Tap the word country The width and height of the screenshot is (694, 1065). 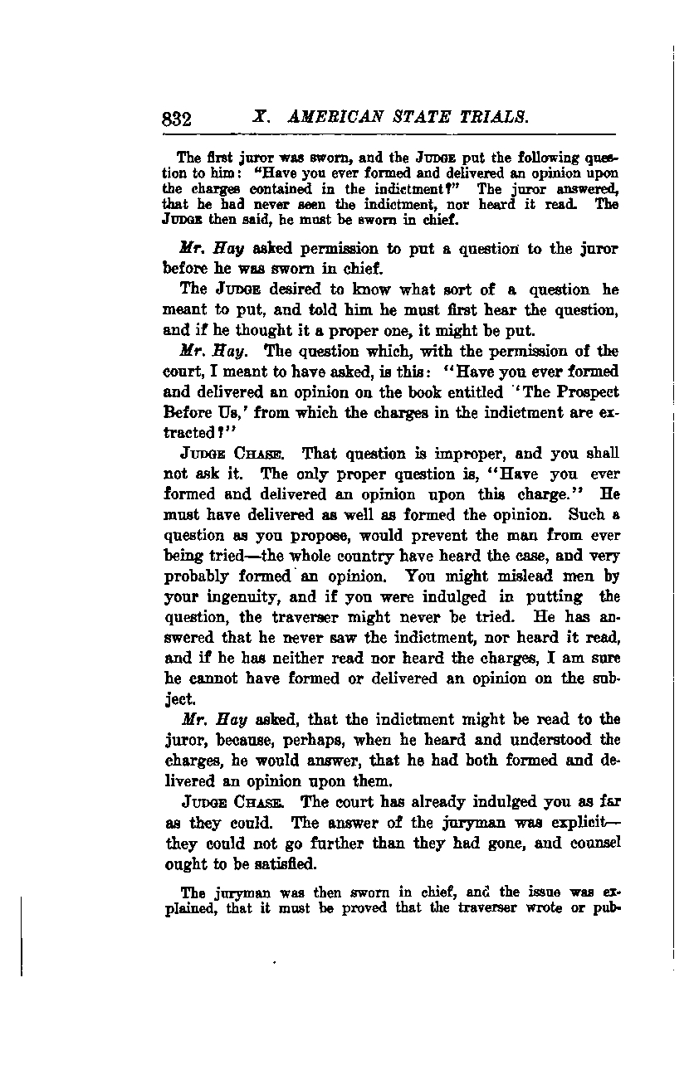tap(343, 556)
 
